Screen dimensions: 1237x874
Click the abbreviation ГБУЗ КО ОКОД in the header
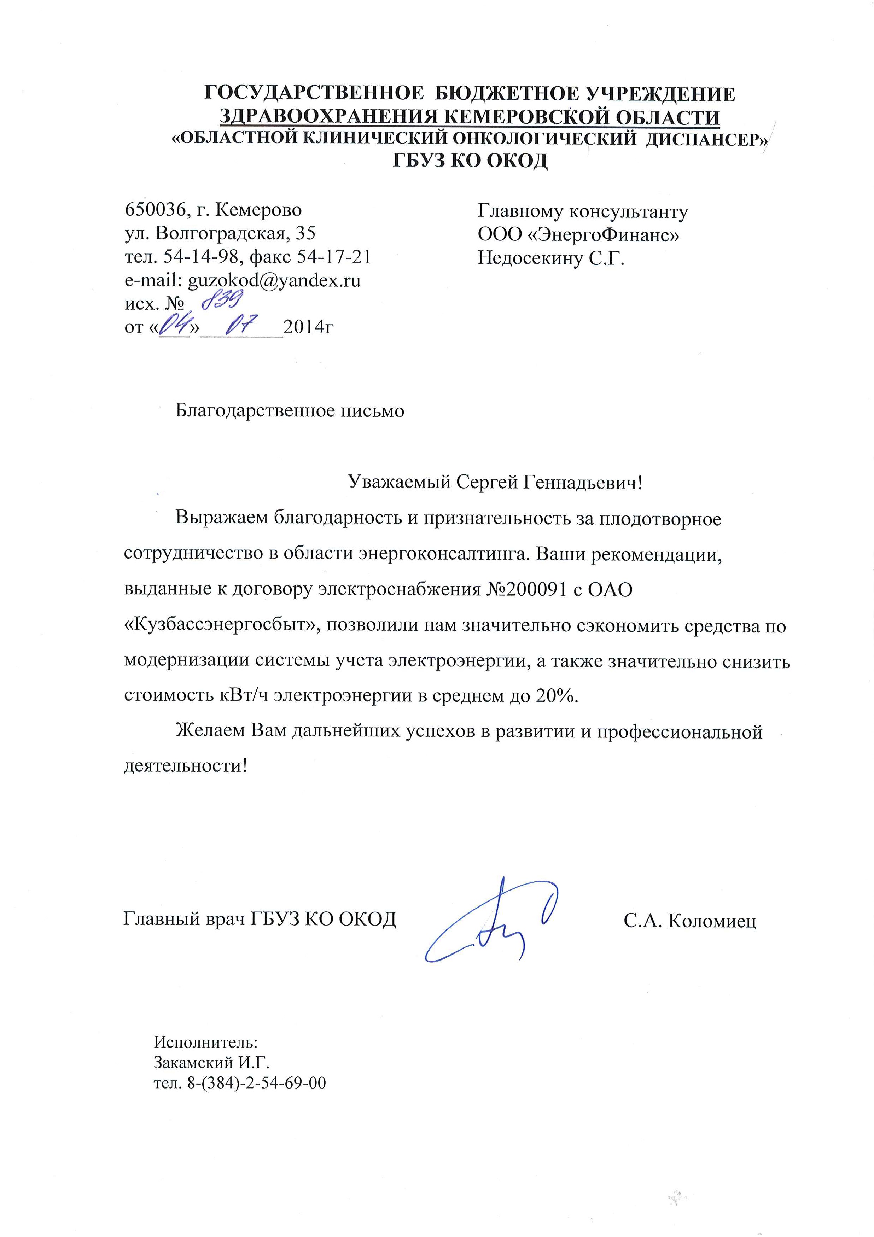click(470, 161)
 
